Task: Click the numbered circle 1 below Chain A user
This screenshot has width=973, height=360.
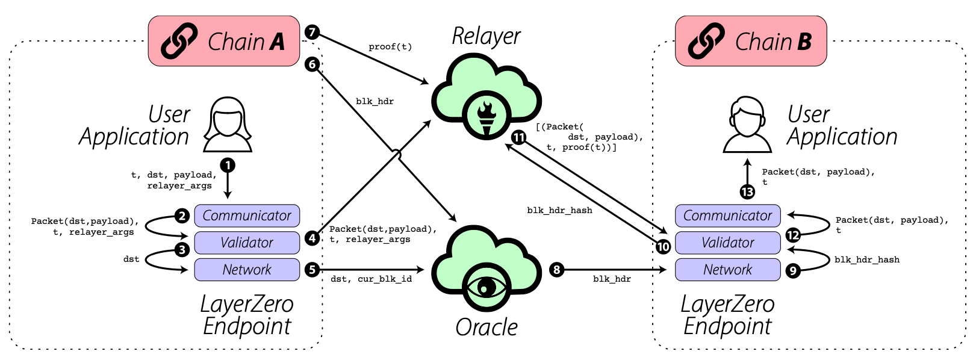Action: click(228, 165)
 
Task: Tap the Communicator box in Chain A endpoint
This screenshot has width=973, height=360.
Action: click(247, 216)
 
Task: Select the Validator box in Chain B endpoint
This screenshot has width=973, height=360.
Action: click(727, 243)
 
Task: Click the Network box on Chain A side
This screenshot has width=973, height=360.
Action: click(247, 270)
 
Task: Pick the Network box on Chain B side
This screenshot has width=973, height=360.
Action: click(727, 270)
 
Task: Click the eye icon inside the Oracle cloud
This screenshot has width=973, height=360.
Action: click(486, 287)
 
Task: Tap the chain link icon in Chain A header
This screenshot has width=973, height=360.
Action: click(179, 41)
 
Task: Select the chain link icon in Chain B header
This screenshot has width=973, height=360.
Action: click(706, 41)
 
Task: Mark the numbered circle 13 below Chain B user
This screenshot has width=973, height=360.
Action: click(747, 192)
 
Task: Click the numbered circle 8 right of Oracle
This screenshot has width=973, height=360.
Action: click(557, 270)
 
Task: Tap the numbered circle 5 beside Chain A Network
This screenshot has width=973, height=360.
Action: click(312, 270)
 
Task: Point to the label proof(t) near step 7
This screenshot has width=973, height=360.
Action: click(390, 47)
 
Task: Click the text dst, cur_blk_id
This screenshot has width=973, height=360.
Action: click(371, 279)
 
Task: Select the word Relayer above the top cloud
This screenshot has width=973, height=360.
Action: click(486, 36)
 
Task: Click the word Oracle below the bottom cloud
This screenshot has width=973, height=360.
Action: click(486, 327)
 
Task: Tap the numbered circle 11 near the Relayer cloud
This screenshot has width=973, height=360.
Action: click(518, 137)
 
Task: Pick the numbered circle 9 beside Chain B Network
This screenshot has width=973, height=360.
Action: click(793, 271)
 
